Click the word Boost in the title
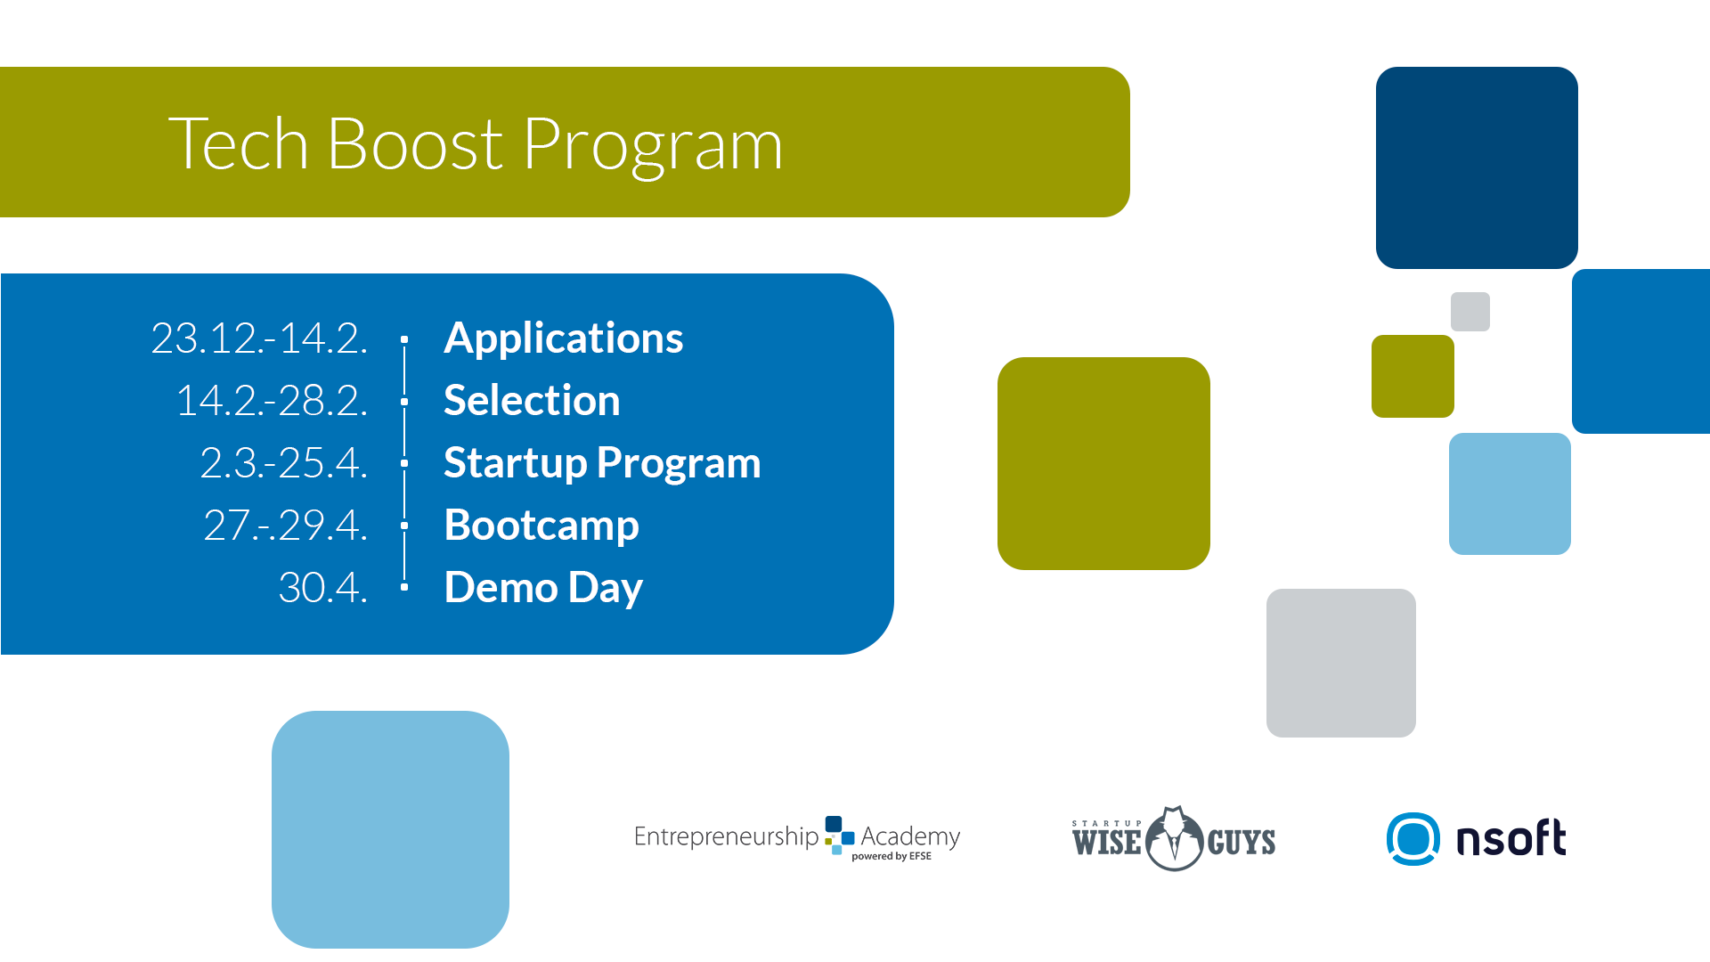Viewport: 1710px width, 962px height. coord(415,143)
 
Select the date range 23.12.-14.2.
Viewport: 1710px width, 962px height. coord(259,338)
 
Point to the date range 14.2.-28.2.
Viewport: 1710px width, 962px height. coord(272,401)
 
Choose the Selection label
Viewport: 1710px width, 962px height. coord(532,400)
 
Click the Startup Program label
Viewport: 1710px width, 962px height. coord(602,464)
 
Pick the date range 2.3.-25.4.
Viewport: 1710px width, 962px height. coord(283,463)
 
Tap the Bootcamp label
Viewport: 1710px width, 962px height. coord(541,526)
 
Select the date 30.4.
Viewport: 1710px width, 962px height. coord(322,588)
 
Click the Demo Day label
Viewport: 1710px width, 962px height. coord(543,589)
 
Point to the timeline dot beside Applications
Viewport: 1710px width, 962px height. coord(404,339)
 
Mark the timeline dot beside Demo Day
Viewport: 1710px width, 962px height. coord(404,587)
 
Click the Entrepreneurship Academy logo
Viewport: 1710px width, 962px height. coord(797,837)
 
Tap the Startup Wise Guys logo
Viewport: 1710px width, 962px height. coord(1174,839)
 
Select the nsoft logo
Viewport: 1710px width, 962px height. coord(1476,839)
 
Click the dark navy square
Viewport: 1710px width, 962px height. coord(1477,167)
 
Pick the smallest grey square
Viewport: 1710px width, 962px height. coord(1470,312)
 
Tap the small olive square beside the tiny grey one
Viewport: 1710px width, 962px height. coord(1413,376)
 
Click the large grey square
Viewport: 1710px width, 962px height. coord(1341,663)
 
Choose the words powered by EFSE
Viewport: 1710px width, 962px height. coord(892,857)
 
